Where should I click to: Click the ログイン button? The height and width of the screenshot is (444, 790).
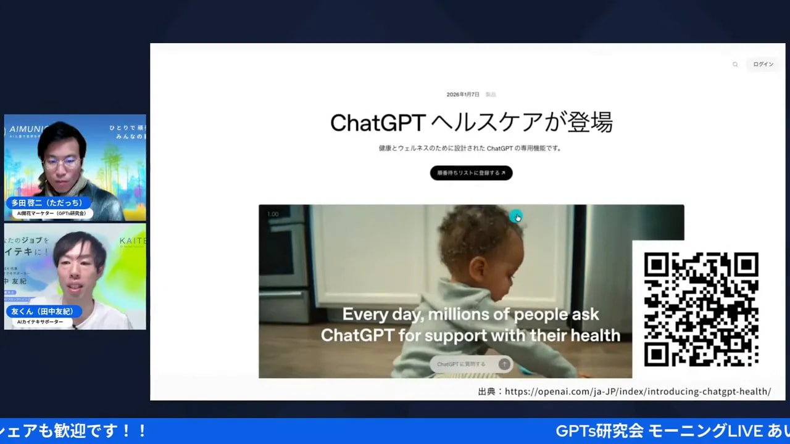coord(763,64)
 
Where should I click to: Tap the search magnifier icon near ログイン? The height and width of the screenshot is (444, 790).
coord(735,64)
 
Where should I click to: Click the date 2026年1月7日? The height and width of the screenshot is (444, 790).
coord(463,94)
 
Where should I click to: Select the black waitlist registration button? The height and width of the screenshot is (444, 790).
coord(471,173)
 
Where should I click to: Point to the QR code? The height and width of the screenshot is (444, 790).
coord(701,310)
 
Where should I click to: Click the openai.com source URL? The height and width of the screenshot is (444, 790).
coord(638,392)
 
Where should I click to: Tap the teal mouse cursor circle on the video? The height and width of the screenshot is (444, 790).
coord(516,216)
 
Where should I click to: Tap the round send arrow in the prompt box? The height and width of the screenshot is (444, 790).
coord(504,364)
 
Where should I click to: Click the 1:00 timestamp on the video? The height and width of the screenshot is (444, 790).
coord(273,214)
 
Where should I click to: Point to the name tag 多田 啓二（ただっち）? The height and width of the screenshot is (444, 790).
coord(47,203)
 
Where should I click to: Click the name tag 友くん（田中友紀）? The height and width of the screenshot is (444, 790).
coord(42,311)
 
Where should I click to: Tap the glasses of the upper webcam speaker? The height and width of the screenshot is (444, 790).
coord(62,163)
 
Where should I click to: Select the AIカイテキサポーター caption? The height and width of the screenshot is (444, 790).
coord(39,322)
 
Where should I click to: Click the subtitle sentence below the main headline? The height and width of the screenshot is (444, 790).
coord(470,148)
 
